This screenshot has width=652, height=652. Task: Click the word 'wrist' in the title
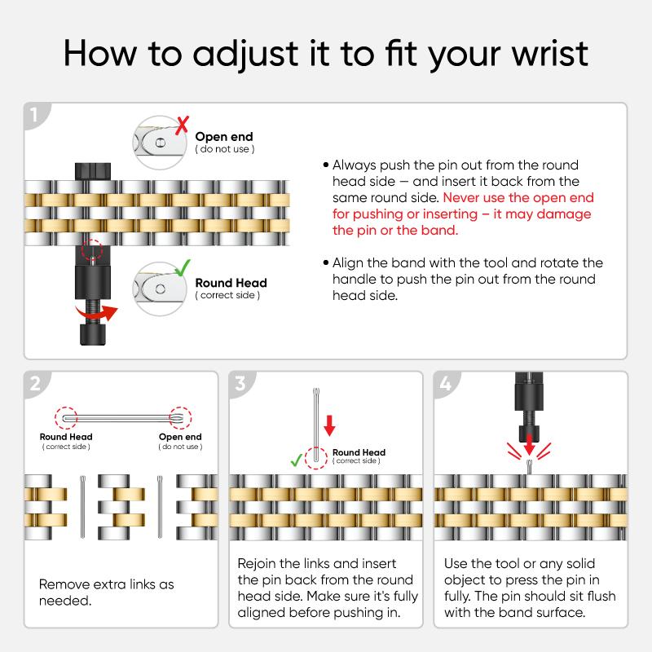549,53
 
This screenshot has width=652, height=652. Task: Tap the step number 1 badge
34,115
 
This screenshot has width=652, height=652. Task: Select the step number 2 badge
35,383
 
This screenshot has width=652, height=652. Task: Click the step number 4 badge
445,383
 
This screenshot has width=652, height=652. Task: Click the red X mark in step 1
182,126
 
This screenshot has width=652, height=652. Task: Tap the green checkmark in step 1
182,268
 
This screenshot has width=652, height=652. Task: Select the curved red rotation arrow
96,314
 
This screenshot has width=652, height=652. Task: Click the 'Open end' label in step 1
223,136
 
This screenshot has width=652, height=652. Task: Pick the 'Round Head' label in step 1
231,283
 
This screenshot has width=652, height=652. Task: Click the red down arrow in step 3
329,425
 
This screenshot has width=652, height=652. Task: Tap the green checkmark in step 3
297,460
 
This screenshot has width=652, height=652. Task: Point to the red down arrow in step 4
529,444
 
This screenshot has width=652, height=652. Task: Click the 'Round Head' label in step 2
66,437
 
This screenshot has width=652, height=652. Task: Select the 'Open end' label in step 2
180,437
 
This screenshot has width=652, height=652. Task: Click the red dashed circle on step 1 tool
92,250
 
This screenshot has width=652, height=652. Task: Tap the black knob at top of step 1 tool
93,171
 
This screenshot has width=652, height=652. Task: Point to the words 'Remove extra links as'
107,584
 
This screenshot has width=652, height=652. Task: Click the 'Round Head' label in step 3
359,452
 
